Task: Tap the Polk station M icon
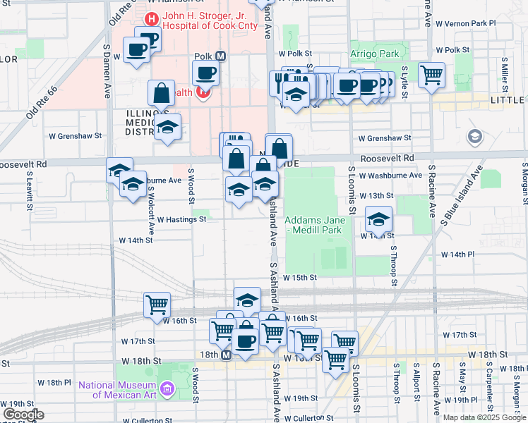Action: [220, 56]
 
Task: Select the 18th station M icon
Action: [226, 356]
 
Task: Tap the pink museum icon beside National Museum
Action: [167, 388]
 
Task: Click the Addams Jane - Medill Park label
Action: [313, 225]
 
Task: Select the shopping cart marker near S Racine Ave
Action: [431, 74]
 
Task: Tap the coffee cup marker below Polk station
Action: [205, 73]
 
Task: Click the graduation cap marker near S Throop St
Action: [379, 219]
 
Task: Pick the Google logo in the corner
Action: [23, 415]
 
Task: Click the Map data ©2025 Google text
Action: [484, 417]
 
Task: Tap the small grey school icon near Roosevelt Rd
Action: [474, 135]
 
